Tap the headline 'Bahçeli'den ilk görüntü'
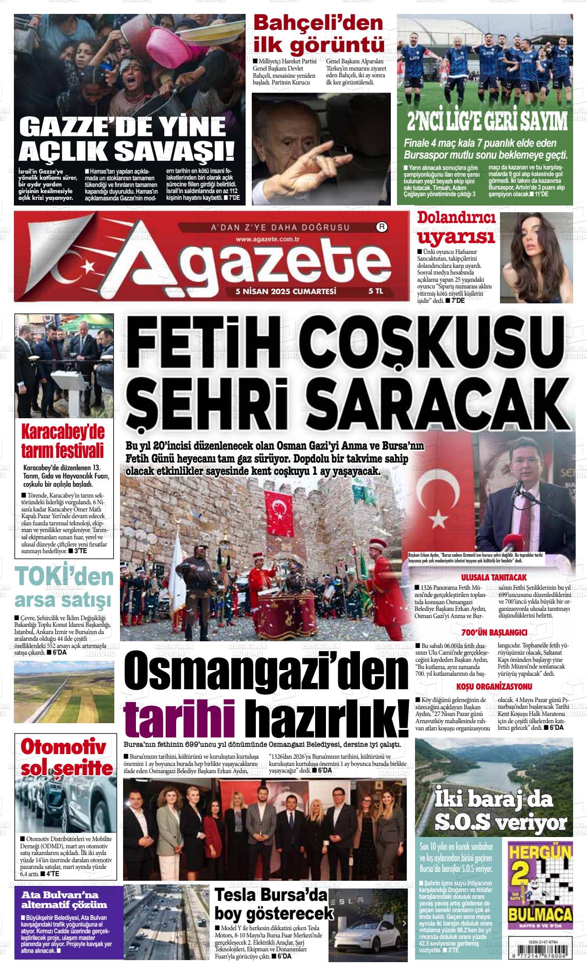[x=319, y=34]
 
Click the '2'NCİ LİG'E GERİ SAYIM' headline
[x=487, y=122]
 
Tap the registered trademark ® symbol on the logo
[x=382, y=226]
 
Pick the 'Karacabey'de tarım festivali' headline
[x=63, y=441]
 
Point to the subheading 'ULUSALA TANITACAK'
[x=494, y=577]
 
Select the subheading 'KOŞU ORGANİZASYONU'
[x=494, y=687]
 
